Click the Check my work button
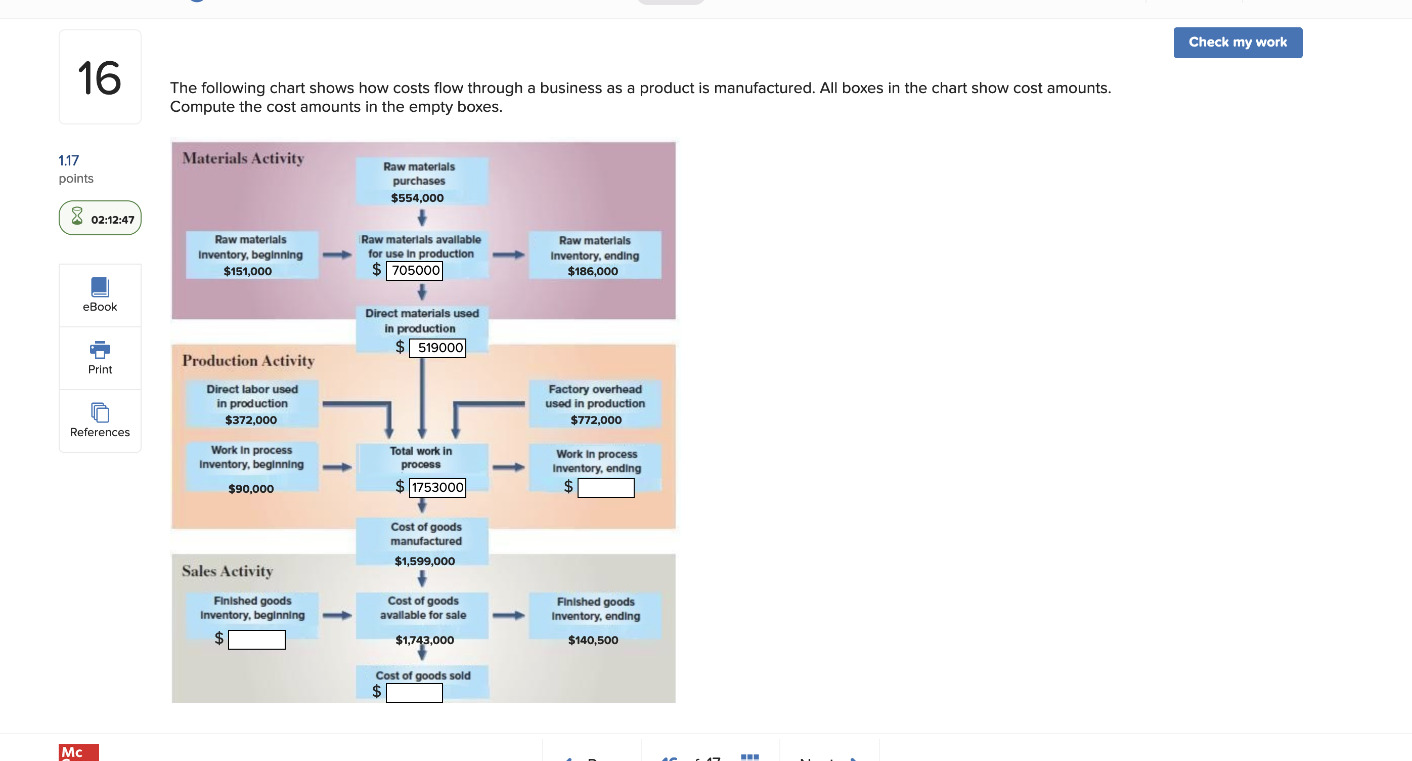pos(1237,42)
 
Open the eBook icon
pos(100,287)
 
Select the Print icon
pos(100,349)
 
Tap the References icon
pos(100,412)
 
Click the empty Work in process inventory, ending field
pos(606,487)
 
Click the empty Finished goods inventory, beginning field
pos(256,639)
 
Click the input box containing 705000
pos(414,270)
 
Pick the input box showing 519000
pos(437,348)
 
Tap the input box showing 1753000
pos(437,487)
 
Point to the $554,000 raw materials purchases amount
pos(417,198)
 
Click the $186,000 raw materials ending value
pos(593,271)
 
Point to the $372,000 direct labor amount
pos(250,420)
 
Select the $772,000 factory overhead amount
pos(596,420)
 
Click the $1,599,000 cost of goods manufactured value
pos(424,561)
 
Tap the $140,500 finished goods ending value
pos(593,640)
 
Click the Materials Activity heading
pos(243,158)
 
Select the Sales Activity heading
pos(227,571)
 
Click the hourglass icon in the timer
pos(77,216)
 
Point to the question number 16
pos(99,78)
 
